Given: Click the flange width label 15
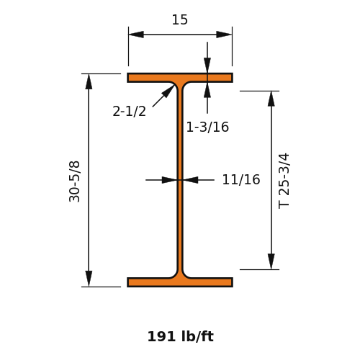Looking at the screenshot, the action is [180, 19].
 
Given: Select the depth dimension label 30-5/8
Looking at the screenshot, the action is [74, 181].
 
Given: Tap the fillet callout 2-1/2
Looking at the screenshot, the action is [129, 112].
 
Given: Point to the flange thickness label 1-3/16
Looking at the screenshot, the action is [207, 127].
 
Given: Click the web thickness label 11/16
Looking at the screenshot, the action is [241, 179].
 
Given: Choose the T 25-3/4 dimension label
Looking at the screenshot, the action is [284, 181].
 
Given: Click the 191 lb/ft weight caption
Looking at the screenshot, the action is [180, 336].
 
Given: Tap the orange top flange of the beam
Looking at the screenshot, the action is [180, 78].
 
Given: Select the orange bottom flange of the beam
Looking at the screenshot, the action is [180, 282].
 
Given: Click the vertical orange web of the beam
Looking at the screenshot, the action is [180, 180].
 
